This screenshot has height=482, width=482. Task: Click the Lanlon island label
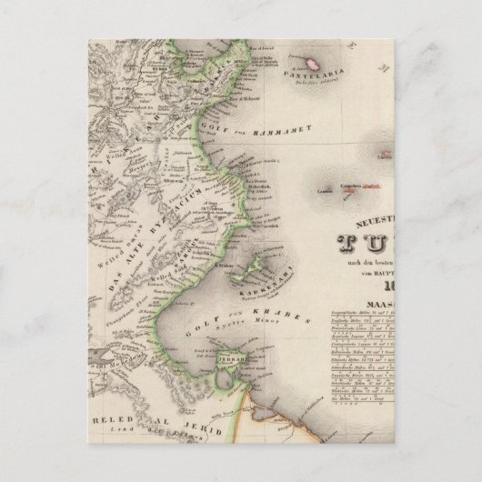coord(326,191)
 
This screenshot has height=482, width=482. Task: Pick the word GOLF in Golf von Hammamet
coord(223,117)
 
